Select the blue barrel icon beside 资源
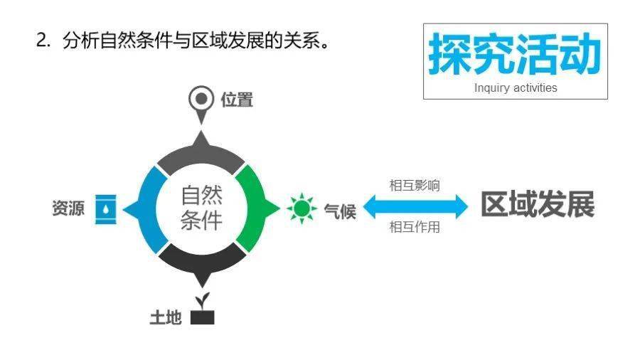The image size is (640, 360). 106,209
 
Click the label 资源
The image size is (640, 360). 68,208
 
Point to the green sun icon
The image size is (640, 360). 302,208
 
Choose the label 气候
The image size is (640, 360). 340,211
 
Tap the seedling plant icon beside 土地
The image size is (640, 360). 203,309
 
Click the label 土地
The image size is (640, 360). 166,317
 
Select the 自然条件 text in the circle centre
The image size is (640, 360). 202,208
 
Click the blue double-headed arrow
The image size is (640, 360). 415,206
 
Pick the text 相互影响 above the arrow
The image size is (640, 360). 415,185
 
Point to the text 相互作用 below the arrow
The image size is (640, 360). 415,226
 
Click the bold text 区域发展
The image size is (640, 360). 538,204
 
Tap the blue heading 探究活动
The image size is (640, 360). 515,54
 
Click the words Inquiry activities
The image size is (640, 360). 516,88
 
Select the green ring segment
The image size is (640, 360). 255,208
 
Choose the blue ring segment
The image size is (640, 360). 147,210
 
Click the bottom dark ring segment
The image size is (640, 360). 203,262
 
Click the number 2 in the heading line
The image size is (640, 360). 41,41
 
